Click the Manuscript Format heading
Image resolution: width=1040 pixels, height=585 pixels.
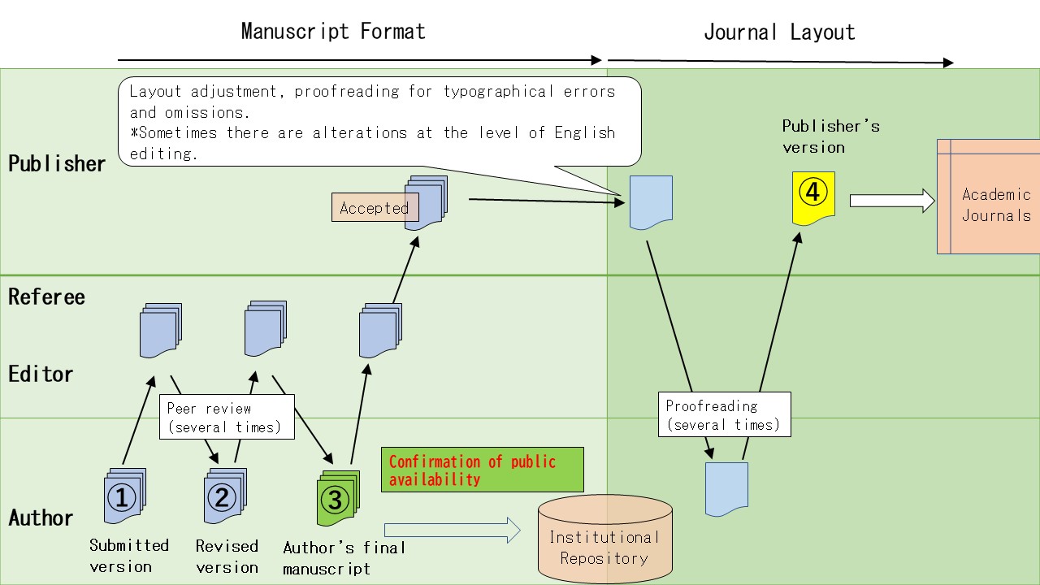point(333,32)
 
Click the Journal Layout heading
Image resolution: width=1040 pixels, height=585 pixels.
point(778,32)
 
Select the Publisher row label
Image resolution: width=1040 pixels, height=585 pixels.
point(57,163)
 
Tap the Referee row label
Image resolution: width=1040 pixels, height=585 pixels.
point(46,297)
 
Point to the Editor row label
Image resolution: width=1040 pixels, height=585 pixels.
point(41,374)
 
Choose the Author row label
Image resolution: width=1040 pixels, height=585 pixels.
point(41,518)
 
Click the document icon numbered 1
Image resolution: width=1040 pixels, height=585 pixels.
point(123,496)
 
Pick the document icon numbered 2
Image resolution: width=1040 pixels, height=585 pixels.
point(223,496)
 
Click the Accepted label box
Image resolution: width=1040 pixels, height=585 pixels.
point(375,207)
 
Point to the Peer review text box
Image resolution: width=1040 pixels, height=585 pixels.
point(226,418)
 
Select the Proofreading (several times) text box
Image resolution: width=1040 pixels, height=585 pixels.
point(723,414)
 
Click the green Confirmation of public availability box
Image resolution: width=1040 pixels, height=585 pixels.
point(483,470)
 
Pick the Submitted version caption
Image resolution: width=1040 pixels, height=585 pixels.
point(129,555)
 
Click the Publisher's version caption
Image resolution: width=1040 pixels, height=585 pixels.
point(830,136)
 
